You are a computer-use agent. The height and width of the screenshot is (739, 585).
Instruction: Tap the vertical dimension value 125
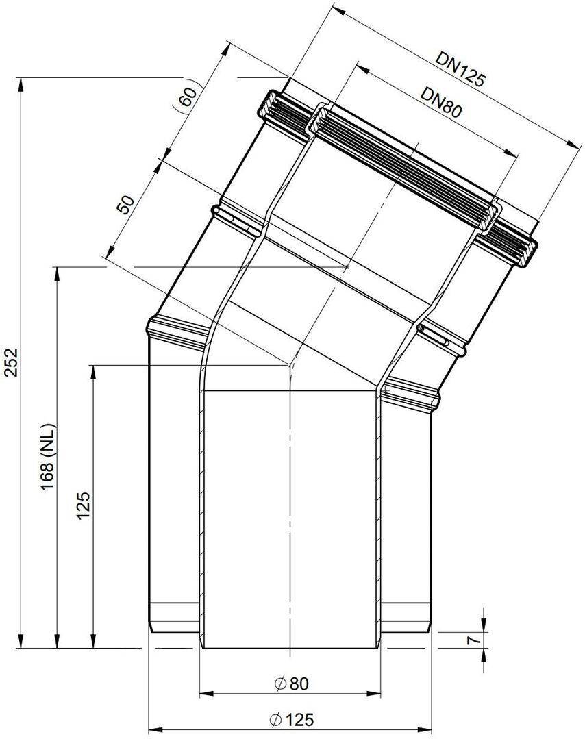click(x=83, y=505)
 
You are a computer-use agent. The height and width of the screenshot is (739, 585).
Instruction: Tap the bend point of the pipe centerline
click(x=290, y=365)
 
